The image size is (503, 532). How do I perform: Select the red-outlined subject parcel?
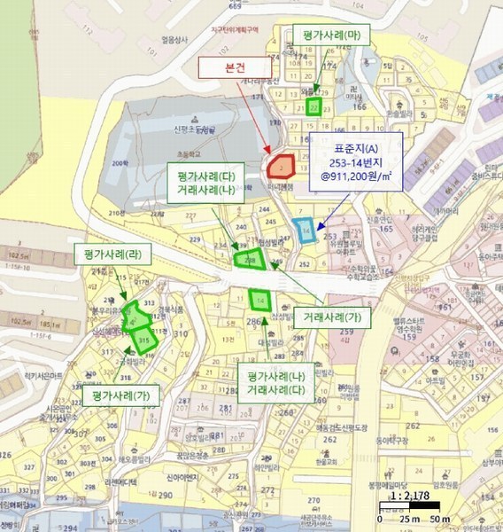(x=281, y=166)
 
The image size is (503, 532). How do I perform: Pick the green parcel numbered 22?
(x=313, y=107)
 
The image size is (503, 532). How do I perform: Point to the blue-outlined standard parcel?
(x=306, y=230)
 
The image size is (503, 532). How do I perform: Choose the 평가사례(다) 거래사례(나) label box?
(x=205, y=183)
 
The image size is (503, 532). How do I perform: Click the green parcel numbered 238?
(x=250, y=259)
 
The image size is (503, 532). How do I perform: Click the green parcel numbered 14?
(x=260, y=301)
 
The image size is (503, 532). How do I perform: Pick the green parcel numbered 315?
(x=144, y=338)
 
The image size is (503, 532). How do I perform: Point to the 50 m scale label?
(x=439, y=518)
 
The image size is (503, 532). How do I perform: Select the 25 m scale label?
(x=410, y=518)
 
